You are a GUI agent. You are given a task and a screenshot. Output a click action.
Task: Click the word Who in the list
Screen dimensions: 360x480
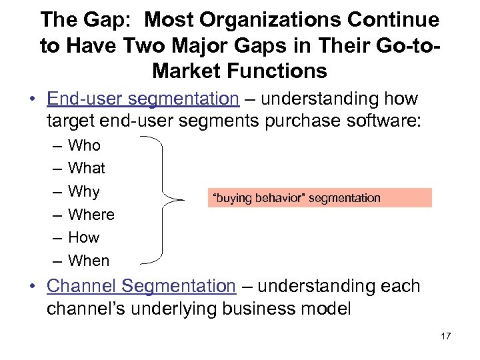click(x=84, y=145)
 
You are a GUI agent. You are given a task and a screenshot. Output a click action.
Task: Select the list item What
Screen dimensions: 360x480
click(x=87, y=168)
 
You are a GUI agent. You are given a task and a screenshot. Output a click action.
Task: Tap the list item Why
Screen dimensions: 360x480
click(x=84, y=191)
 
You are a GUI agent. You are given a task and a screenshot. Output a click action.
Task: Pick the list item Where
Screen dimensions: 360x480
click(x=91, y=215)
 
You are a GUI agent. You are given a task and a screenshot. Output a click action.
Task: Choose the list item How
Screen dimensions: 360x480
click(x=84, y=237)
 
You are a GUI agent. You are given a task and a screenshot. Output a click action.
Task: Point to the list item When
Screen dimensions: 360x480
click(x=89, y=261)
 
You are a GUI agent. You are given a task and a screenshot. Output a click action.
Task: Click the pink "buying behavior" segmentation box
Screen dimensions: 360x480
click(x=319, y=198)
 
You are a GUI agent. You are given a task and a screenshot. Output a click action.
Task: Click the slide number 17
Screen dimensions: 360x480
click(x=445, y=336)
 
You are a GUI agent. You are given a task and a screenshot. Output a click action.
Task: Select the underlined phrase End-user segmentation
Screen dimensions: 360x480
click(x=143, y=99)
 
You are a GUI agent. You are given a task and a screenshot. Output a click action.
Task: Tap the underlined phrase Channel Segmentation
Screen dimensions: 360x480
click(x=141, y=286)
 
